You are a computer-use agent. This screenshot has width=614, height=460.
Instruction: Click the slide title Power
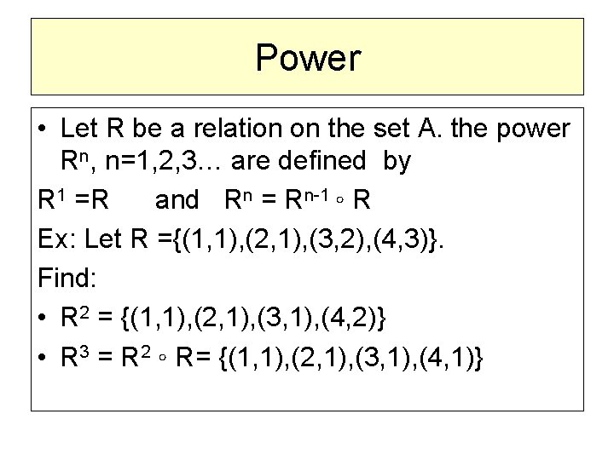pos(308,58)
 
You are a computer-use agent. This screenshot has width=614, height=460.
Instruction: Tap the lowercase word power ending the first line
pos(529,129)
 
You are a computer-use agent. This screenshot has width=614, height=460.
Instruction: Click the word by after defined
pos(397,162)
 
